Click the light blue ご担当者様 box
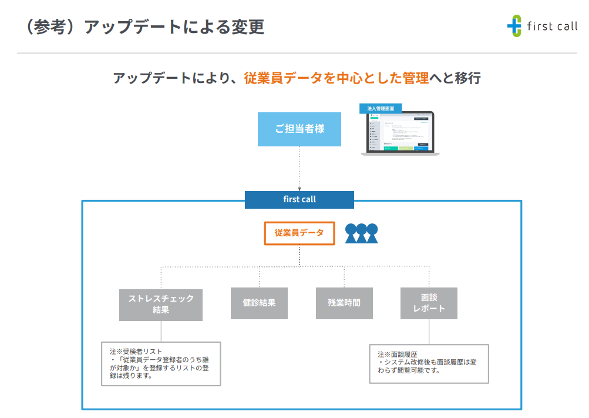pos(299,129)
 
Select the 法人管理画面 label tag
pos(381,109)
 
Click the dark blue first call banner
pos(299,200)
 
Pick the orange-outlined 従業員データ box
pos(299,233)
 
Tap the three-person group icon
pos(361,233)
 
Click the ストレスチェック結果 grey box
pos(161,304)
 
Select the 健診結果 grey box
pos(259,303)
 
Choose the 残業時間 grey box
pos(344,303)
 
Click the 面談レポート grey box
pos(429,303)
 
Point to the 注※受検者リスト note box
pos(161,363)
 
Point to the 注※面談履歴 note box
pos(429,363)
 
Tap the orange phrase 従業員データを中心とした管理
pos(336,78)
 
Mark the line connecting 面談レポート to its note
pos(429,332)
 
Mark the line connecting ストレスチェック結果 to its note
pos(161,331)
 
